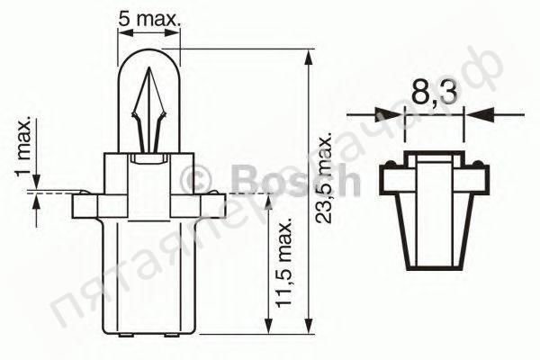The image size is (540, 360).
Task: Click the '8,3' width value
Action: coord(433,93)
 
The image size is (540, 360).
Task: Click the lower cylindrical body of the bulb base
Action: coord(150,279)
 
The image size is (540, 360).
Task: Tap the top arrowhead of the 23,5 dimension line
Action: coord(310,56)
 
